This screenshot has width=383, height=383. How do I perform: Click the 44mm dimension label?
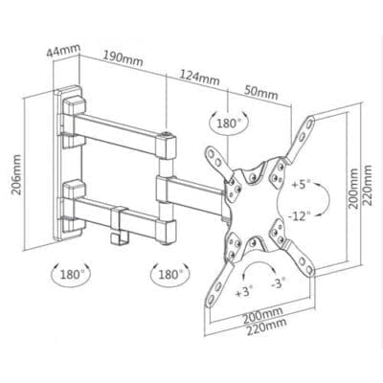click(x=63, y=52)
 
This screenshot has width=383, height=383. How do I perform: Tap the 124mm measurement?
click(x=199, y=78)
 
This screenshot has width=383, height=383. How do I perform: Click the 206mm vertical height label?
click(x=16, y=174)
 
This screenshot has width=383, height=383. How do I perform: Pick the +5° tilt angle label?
click(x=302, y=185)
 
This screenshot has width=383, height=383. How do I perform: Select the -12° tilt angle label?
click(x=299, y=216)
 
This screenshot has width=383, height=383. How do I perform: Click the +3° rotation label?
click(x=244, y=292)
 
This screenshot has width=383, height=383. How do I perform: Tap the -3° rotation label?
click(x=279, y=282)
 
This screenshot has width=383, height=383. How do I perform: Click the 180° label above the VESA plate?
click(x=229, y=123)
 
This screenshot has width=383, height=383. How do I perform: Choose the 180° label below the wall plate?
click(x=71, y=274)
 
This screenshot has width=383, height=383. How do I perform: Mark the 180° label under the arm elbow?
click(x=169, y=274)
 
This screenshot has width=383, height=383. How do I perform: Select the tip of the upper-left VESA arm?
click(x=210, y=149)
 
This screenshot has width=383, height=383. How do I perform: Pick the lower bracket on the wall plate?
click(x=74, y=205)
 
